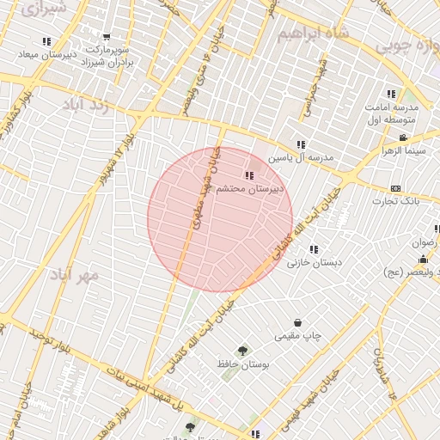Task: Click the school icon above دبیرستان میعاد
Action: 46,40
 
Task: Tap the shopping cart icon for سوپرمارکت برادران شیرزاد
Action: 107,37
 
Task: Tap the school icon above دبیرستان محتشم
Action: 249,175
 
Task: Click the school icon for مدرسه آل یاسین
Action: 301,145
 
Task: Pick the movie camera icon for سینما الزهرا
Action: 403,137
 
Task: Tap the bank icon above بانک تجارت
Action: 395,188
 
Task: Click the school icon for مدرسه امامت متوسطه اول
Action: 391,94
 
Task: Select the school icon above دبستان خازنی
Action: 314,249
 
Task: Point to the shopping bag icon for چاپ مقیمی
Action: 297,322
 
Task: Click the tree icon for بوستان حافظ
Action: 241,351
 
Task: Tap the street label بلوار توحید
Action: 48,340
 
